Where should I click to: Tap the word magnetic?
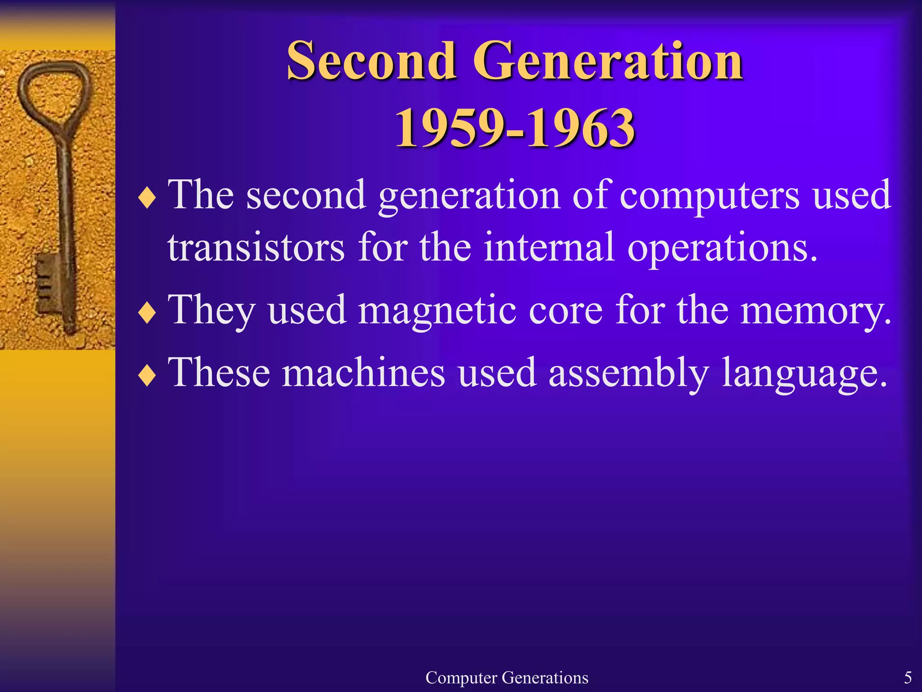pos(437,311)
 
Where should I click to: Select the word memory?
pos(815,311)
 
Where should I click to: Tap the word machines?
pos(363,373)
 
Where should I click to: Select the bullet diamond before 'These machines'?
pos(147,376)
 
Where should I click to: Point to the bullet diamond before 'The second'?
pos(147,198)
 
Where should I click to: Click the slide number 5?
pos(908,678)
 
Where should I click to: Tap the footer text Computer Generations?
pos(506,678)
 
